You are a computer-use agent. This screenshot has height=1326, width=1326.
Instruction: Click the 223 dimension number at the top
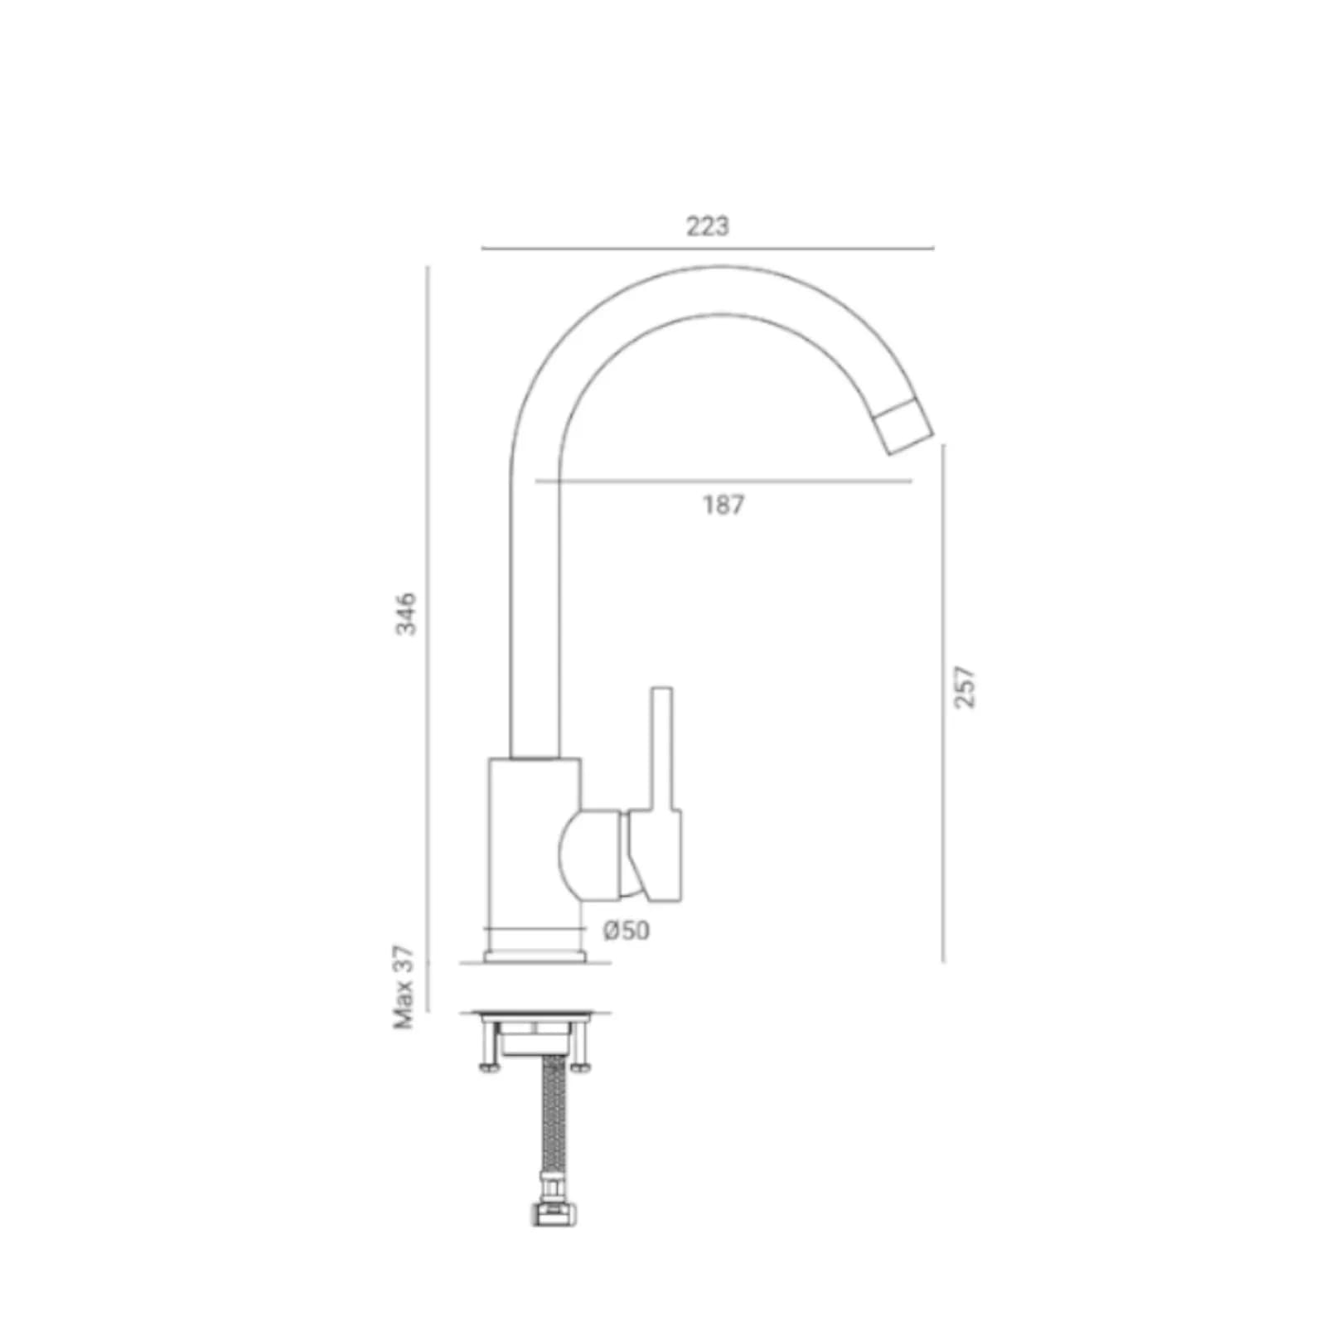tap(707, 225)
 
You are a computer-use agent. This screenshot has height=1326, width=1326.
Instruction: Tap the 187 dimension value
tap(723, 505)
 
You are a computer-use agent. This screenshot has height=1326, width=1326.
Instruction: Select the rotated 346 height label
tap(406, 613)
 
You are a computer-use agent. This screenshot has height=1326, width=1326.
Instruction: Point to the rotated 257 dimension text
tap(965, 687)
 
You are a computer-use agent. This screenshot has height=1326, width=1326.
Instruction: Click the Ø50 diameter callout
tap(627, 931)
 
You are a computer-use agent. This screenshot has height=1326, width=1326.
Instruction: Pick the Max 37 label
tap(404, 987)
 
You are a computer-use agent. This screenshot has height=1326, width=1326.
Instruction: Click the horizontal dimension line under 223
tap(708, 248)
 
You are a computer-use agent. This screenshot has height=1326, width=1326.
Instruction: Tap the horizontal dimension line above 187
tap(723, 481)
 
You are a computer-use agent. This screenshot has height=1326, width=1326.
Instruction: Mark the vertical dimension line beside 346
tap(428, 639)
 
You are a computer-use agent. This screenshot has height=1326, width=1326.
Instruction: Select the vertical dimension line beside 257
tap(943, 703)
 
